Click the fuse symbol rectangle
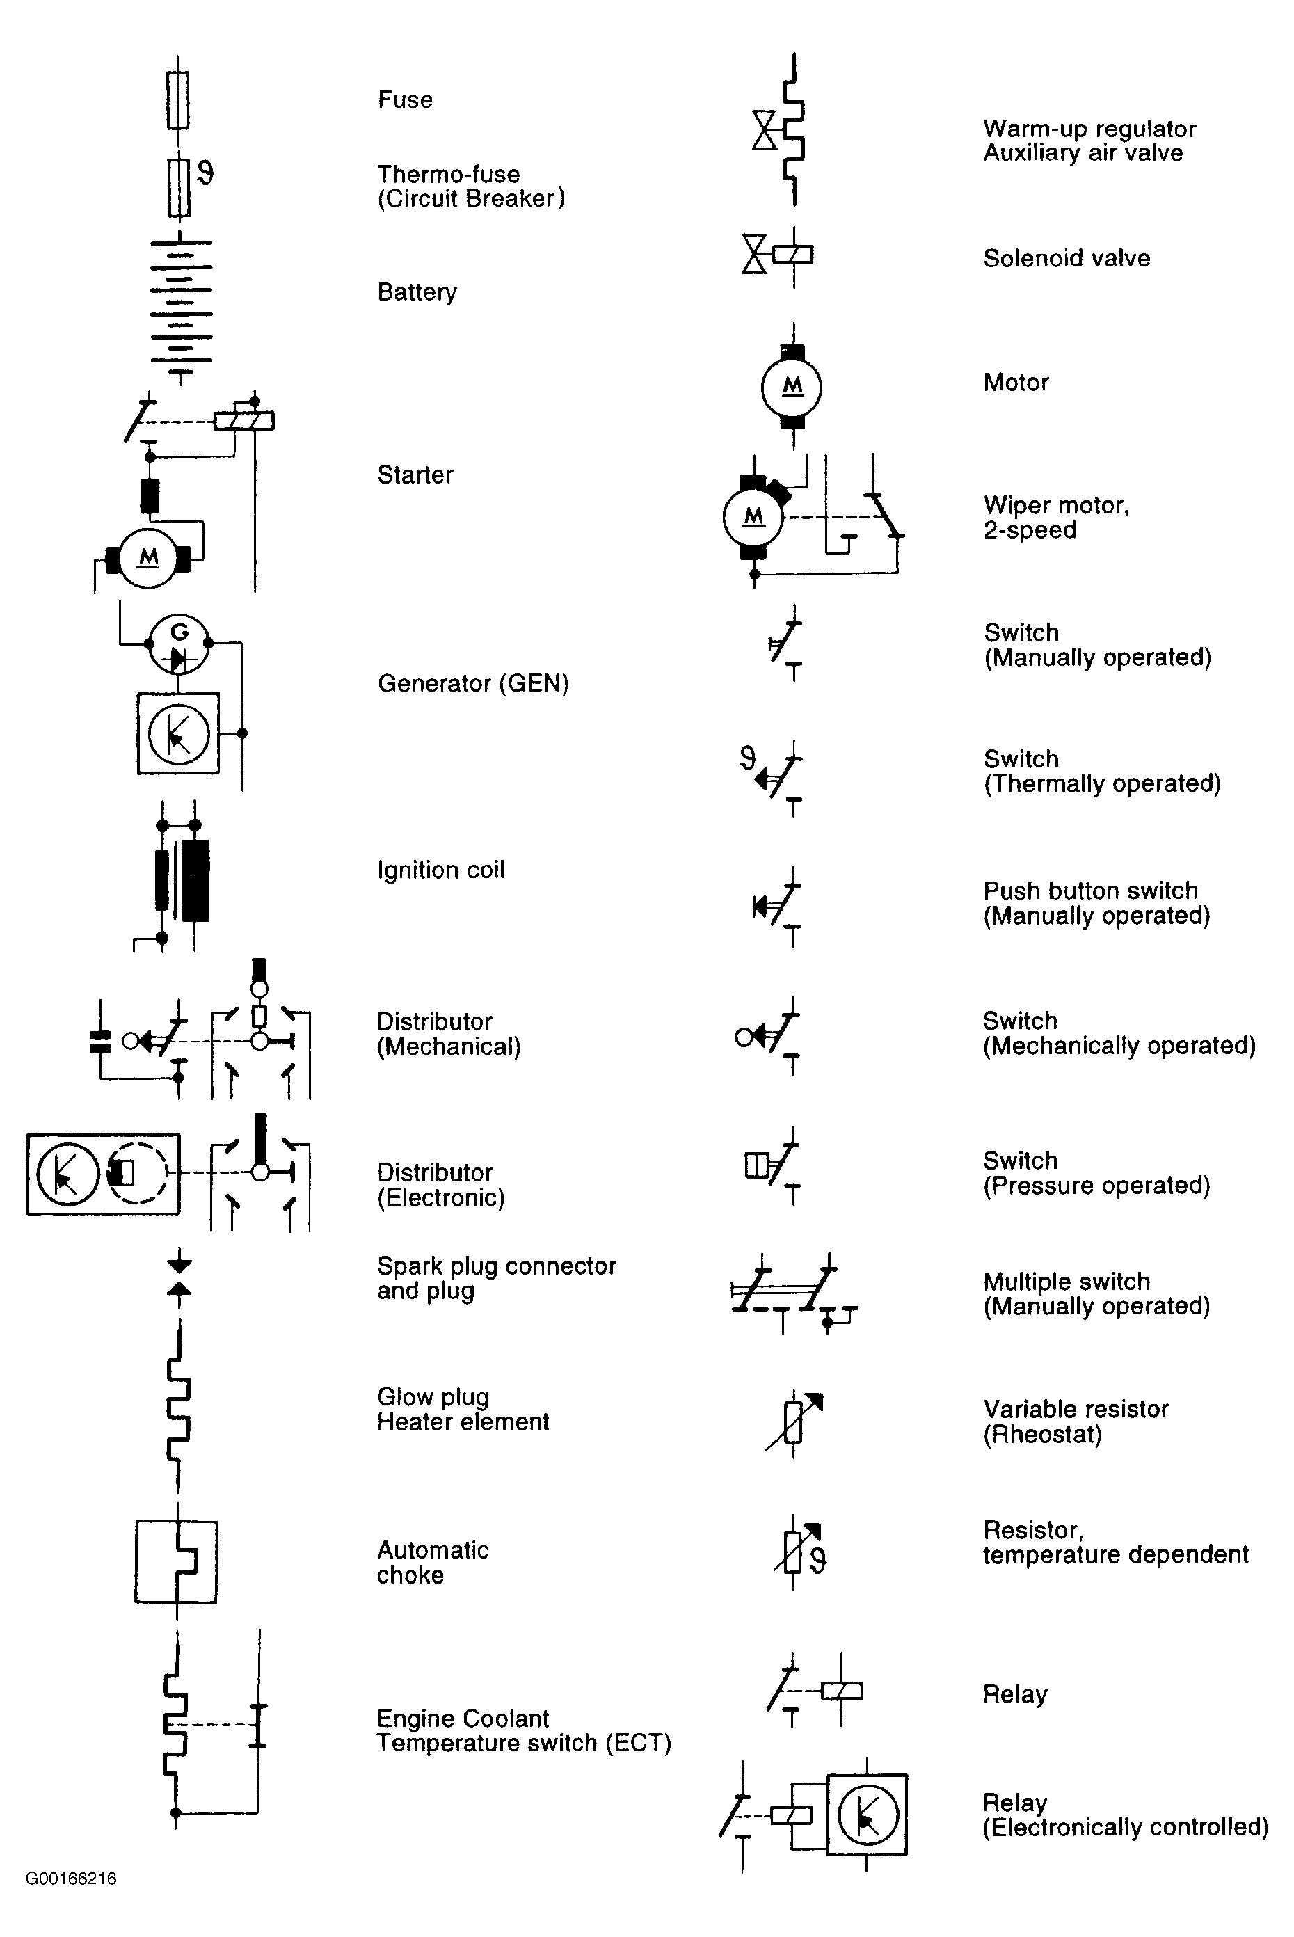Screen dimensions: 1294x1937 click(x=178, y=100)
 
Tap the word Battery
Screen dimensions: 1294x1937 click(x=417, y=292)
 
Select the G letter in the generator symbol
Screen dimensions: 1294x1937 click(x=179, y=632)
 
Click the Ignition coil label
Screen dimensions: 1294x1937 click(x=440, y=870)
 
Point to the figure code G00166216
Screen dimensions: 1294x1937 click(x=72, y=1879)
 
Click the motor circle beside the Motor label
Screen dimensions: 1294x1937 click(x=792, y=386)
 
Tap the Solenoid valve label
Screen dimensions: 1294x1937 click(x=1067, y=258)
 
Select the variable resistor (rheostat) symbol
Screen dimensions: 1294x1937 click(x=794, y=1421)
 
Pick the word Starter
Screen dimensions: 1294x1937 click(x=415, y=475)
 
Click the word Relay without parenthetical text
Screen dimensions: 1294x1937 click(x=1015, y=1694)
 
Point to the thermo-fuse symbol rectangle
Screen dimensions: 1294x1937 click(x=178, y=188)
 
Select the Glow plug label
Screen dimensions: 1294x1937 click(x=433, y=1396)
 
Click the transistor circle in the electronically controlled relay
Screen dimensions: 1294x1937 click(x=868, y=1814)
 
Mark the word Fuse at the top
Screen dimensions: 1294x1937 click(x=405, y=100)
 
